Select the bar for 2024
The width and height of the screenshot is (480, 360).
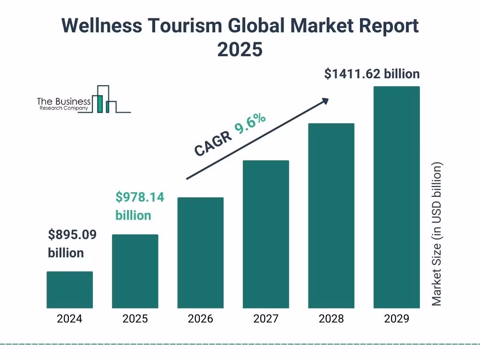69,290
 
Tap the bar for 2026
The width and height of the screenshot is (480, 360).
200,253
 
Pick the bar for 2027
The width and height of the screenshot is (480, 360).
266,234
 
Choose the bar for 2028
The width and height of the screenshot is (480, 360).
331,216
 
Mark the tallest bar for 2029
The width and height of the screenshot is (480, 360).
397,197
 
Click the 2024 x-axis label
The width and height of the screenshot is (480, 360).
69,319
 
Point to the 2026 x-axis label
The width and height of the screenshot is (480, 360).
200,319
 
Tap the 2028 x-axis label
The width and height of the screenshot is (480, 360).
331,319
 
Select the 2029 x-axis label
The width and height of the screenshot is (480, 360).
397,319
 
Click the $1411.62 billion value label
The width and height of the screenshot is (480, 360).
372,74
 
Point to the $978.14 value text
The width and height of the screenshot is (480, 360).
140,197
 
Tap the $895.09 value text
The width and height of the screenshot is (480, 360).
72,234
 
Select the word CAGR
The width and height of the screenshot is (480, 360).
213,143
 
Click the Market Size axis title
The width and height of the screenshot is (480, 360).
436,234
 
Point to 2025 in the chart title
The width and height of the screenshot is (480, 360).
240,49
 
